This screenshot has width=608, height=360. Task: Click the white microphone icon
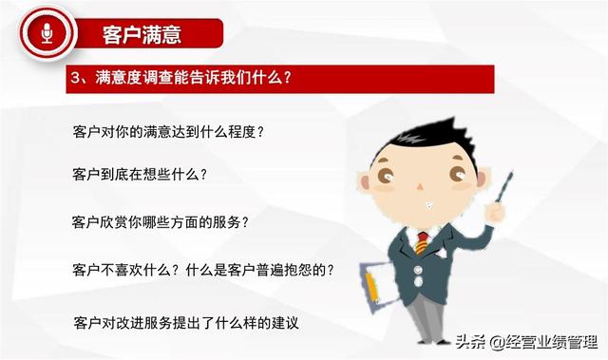[x=47, y=33]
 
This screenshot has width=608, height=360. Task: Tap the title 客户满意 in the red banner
[x=142, y=34]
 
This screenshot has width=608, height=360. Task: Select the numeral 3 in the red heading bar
[x=75, y=78]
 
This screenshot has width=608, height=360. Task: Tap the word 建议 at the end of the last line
[x=285, y=323]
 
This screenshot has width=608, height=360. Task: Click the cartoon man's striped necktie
[x=422, y=243]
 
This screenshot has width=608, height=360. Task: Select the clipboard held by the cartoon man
[x=377, y=286]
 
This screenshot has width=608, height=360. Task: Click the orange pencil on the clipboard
[x=371, y=287]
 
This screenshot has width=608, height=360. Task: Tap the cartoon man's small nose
[x=420, y=187]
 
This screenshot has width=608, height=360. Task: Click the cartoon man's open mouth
[x=428, y=205]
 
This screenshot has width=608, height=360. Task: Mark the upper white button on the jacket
[x=417, y=270]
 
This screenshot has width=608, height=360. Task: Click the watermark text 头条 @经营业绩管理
[x=526, y=342]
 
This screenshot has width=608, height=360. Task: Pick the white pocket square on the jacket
[x=440, y=253]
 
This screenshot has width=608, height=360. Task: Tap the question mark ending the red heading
[x=287, y=78]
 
